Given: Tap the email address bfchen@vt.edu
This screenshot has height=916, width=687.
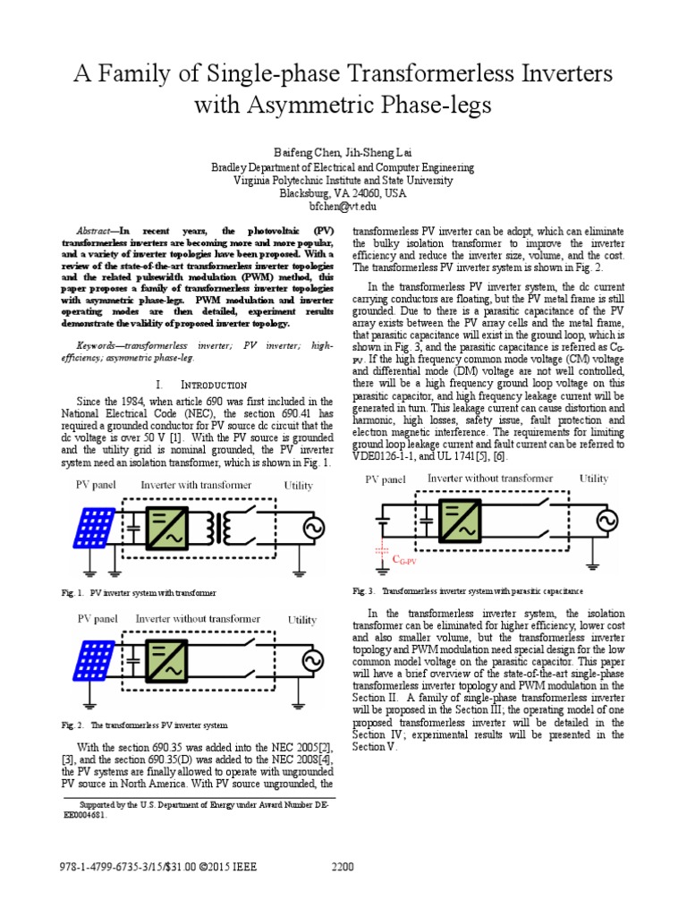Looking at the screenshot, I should click(344, 205).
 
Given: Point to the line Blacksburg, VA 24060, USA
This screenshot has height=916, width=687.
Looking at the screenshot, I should click(344, 191).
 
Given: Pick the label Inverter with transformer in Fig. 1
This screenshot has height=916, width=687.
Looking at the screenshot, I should click(196, 485).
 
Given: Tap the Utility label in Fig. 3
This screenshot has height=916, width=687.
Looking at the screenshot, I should click(593, 479).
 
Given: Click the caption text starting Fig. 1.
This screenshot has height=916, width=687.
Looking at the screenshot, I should click(140, 592).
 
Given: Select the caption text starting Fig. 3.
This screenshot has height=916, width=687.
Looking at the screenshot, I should click(468, 591).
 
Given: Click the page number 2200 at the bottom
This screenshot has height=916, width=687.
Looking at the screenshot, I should click(343, 866).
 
